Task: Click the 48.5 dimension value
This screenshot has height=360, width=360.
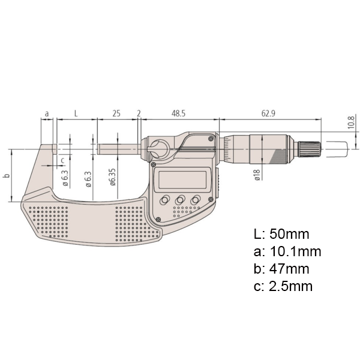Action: click(177, 113)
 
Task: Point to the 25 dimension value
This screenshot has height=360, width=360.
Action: click(117, 113)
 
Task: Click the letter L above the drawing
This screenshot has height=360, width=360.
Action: click(75, 113)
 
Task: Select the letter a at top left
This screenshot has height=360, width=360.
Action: click(47, 113)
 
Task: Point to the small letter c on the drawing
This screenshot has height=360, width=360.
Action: click(62, 159)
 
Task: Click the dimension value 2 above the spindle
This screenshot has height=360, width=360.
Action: click(139, 113)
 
